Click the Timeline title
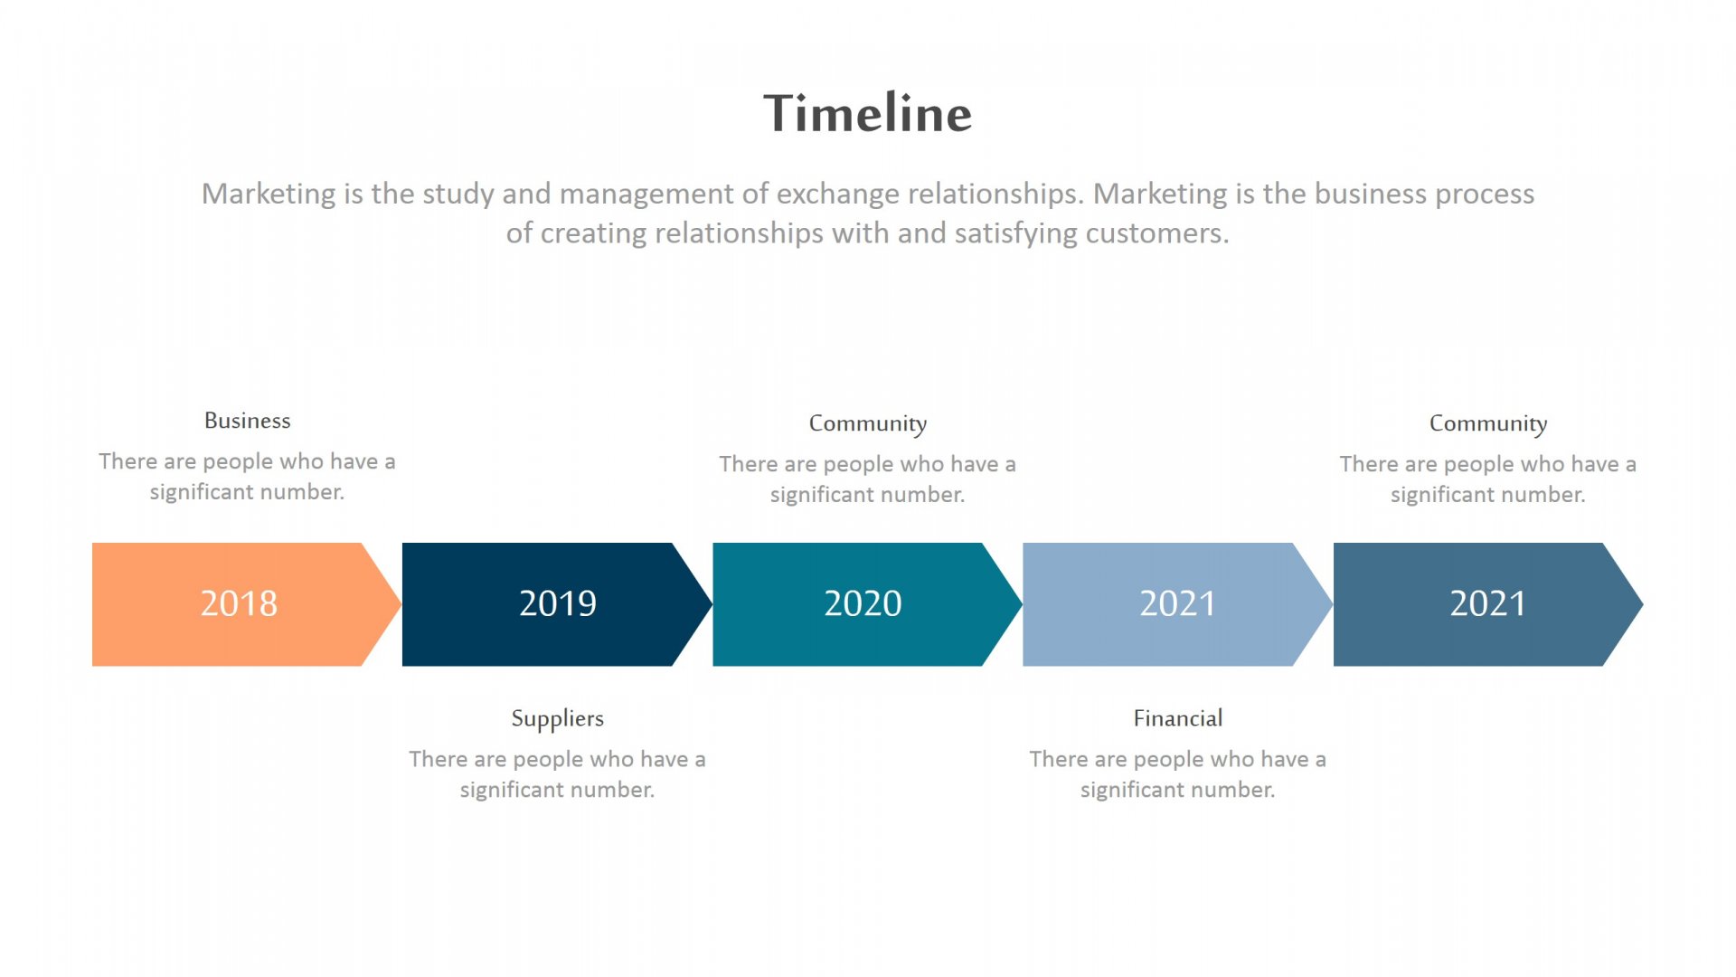[x=867, y=113]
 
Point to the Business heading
[x=248, y=421]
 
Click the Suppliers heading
[x=558, y=719]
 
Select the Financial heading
[x=1178, y=718]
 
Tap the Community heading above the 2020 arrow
[x=868, y=424]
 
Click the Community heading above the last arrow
[x=1488, y=424]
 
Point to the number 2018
[x=239, y=603]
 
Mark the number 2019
[x=558, y=603]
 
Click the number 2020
[x=863, y=603]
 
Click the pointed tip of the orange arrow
[x=401, y=604]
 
